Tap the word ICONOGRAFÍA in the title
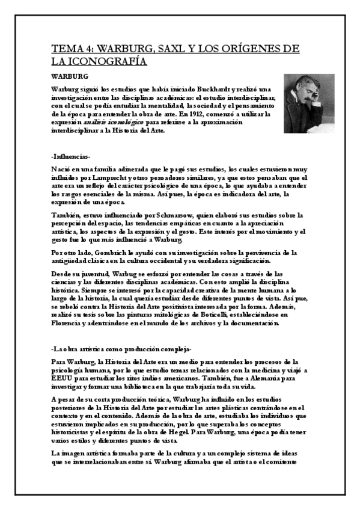[x=107, y=61]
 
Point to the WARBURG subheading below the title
[x=70, y=76]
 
